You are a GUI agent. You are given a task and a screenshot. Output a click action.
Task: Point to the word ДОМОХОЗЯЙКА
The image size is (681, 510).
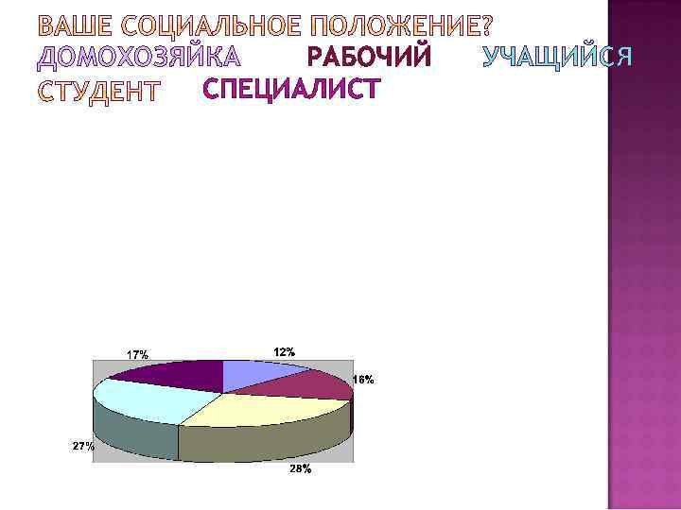click(137, 59)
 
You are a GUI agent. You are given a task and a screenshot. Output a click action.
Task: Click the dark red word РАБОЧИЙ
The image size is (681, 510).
click(370, 59)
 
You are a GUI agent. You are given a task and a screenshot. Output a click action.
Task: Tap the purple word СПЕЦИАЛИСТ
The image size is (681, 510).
click(291, 90)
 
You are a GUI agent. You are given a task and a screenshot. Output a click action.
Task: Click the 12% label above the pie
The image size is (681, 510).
click(284, 351)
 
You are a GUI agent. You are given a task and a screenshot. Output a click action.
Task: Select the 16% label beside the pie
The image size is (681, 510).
click(363, 380)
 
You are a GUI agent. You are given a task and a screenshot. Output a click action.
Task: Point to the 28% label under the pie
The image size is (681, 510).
click(300, 469)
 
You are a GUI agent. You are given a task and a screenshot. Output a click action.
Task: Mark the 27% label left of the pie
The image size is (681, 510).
click(83, 447)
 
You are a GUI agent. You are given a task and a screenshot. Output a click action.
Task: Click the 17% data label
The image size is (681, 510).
click(138, 354)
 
